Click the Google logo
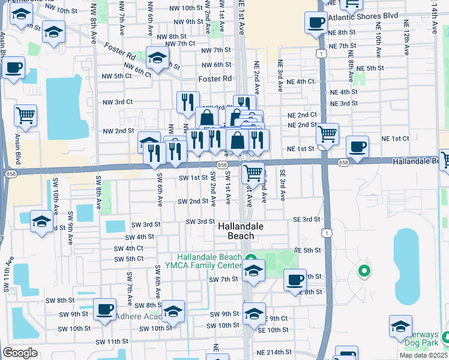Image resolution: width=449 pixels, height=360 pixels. point(20,352)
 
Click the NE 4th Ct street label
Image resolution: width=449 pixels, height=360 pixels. point(301,81)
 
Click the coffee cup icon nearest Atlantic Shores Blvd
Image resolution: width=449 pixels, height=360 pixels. point(316,23)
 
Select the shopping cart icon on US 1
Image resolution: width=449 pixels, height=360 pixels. point(327,133)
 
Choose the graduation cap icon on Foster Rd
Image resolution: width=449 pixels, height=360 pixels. point(157,58)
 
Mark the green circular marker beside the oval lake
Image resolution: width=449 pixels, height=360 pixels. point(363,271)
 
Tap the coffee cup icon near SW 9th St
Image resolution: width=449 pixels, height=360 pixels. point(104,308)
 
